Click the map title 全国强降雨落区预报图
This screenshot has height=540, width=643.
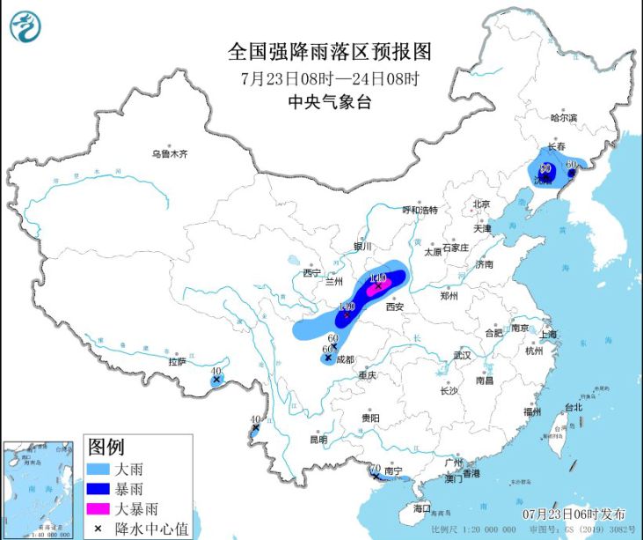(330, 52)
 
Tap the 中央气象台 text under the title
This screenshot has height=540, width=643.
(330, 101)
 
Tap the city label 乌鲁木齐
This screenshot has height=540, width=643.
(169, 153)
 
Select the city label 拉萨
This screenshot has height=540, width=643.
(177, 362)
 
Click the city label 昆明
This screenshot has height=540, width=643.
(318, 439)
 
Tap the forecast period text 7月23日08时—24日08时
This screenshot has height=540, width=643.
(330, 78)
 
